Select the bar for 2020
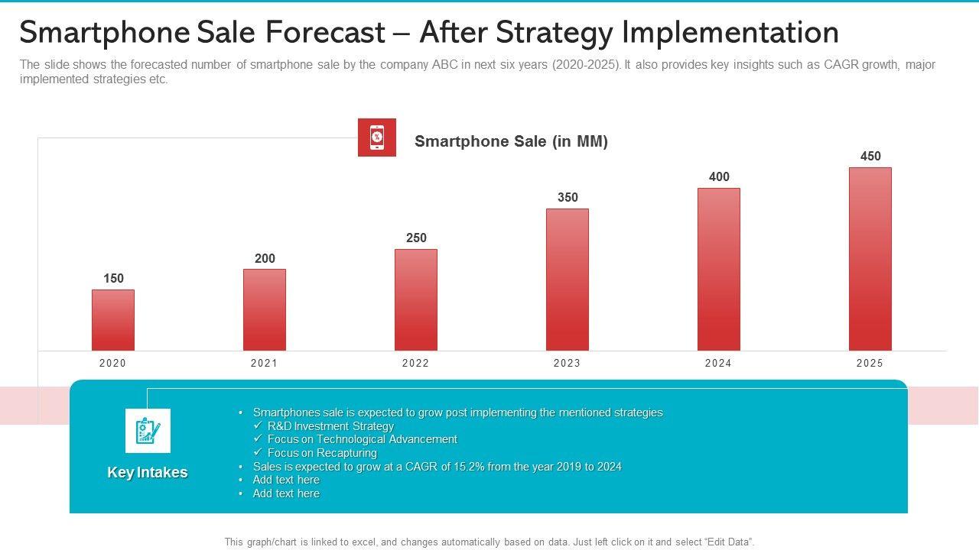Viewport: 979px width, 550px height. click(x=113, y=320)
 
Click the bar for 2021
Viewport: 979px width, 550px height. click(x=265, y=309)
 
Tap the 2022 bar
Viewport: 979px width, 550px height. click(x=416, y=299)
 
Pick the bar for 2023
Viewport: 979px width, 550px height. click(x=568, y=280)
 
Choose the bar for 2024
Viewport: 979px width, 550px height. click(x=719, y=269)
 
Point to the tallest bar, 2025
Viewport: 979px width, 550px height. click(x=870, y=259)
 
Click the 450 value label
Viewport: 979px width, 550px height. click(x=870, y=157)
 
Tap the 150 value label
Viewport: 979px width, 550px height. click(x=113, y=279)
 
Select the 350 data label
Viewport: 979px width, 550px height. click(x=568, y=197)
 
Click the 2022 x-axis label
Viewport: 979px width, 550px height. click(x=416, y=364)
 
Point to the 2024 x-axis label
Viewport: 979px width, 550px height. click(x=719, y=364)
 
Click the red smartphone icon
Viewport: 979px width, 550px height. click(x=377, y=137)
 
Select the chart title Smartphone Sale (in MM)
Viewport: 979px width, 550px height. click(x=511, y=141)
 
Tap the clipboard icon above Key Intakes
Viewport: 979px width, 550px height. click(x=148, y=431)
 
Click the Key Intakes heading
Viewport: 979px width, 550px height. click(x=148, y=473)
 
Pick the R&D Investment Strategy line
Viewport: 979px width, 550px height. click(x=330, y=426)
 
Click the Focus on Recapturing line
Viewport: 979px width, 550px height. click(x=322, y=453)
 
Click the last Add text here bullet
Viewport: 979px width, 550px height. click(x=286, y=493)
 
